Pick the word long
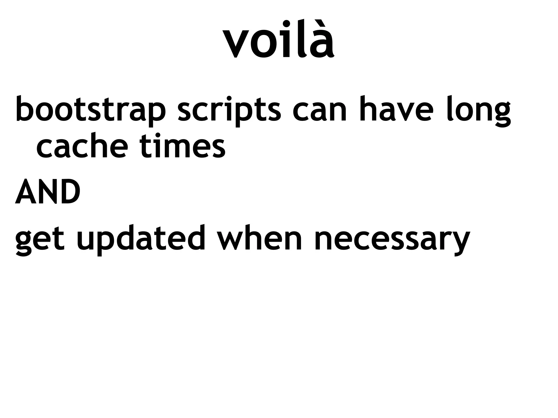pos(478,110)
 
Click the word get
pos(40,239)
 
